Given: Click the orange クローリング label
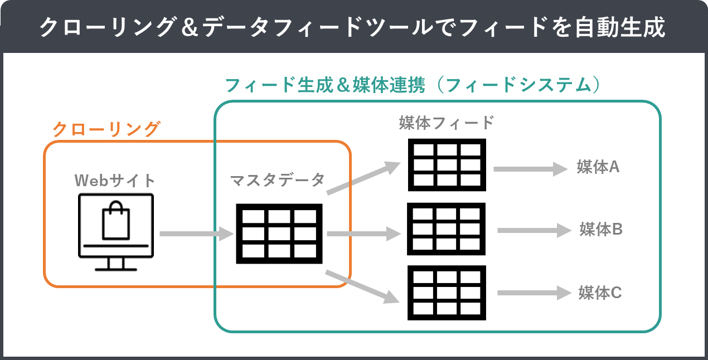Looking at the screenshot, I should point(106,129).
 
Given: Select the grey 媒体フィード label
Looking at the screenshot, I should point(447,123).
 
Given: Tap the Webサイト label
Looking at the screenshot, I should point(115,181).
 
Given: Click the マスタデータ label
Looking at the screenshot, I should point(277,181).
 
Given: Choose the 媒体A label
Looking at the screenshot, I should point(598,167).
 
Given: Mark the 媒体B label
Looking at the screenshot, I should point(601,229).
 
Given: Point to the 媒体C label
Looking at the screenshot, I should point(600,293).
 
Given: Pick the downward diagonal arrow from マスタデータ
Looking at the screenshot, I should point(362,286).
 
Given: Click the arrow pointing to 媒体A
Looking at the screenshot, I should point(530,168).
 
